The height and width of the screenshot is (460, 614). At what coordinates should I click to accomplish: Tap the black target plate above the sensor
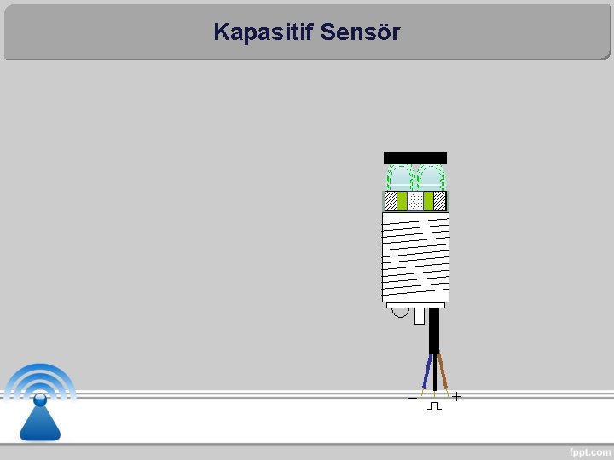pyautogui.click(x=415, y=157)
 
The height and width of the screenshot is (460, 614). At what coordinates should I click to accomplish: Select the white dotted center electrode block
pyautogui.click(x=415, y=201)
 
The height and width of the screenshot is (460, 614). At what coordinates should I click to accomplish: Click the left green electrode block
pyautogui.click(x=402, y=201)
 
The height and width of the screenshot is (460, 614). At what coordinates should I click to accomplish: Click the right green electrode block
pyautogui.click(x=429, y=201)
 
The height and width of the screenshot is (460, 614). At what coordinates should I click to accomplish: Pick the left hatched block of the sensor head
pyautogui.click(x=391, y=201)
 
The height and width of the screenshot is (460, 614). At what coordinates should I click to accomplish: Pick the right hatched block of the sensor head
pyautogui.click(x=440, y=201)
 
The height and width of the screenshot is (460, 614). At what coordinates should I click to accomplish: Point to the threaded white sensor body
pyautogui.click(x=415, y=256)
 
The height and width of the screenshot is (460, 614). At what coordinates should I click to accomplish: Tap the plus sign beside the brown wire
pyautogui.click(x=458, y=396)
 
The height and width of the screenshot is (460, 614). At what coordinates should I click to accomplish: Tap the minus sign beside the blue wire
pyautogui.click(x=412, y=397)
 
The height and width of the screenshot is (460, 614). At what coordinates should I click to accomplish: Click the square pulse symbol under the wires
pyautogui.click(x=434, y=406)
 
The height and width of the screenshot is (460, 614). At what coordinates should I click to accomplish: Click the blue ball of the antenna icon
pyautogui.click(x=40, y=399)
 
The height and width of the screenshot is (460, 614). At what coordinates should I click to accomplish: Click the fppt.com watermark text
pyautogui.click(x=589, y=451)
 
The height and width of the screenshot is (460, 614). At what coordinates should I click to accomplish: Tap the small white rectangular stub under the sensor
pyautogui.click(x=419, y=316)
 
